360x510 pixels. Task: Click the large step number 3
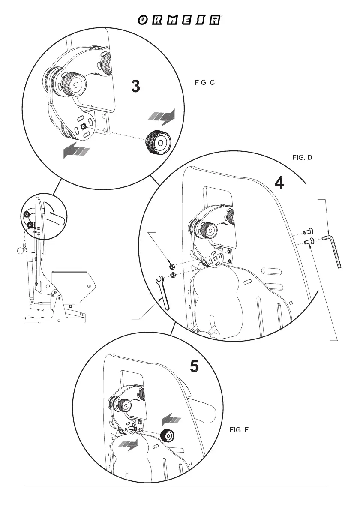coord(135,87)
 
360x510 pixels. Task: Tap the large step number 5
coord(194,367)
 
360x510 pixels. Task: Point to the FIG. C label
coord(204,83)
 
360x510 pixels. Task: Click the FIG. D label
coord(302,157)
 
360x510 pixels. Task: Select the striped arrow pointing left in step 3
coord(76,150)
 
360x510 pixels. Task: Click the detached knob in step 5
coord(167,436)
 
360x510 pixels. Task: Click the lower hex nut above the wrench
coord(172,275)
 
